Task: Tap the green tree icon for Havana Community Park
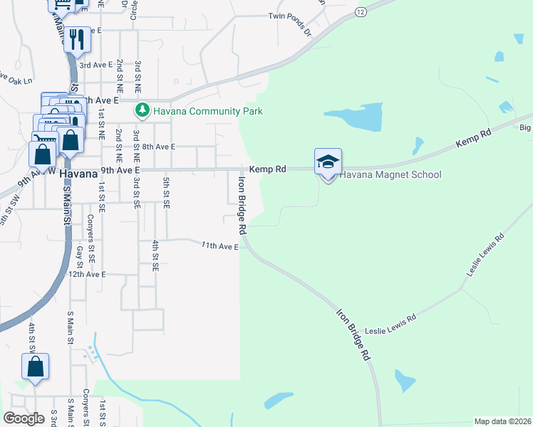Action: (x=142, y=111)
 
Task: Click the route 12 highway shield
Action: (x=361, y=12)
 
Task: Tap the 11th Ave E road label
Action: (x=219, y=246)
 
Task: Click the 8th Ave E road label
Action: (x=158, y=147)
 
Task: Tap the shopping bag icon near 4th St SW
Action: (x=35, y=367)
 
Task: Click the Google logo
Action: (x=24, y=418)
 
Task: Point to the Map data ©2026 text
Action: (x=502, y=421)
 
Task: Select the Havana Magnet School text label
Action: (x=390, y=175)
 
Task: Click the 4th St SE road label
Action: (x=155, y=256)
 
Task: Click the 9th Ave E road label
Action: (x=119, y=171)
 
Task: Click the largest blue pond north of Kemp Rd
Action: (x=354, y=118)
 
